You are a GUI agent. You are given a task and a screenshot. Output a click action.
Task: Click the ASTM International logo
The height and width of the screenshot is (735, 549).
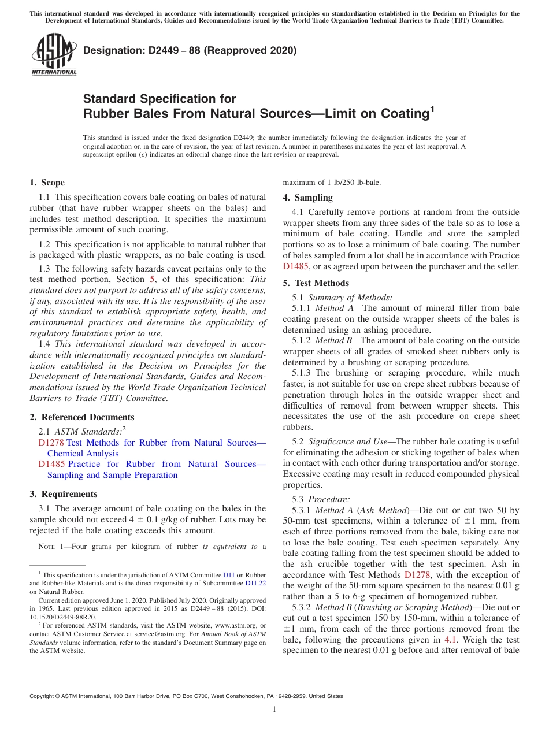(x=53, y=55)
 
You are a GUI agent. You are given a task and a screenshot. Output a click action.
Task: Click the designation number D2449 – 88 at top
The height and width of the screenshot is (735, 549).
(x=190, y=50)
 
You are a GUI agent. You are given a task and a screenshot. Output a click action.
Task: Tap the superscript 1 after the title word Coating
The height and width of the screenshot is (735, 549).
(x=431, y=108)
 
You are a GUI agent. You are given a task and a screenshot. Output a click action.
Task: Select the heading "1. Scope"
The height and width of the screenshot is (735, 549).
(x=47, y=183)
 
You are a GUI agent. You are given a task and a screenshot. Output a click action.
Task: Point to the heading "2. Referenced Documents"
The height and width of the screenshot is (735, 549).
(x=81, y=417)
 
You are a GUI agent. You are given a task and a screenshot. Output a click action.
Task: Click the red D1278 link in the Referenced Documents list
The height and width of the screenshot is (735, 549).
(x=50, y=443)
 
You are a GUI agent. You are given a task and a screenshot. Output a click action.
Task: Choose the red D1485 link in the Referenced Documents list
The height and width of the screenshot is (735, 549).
(x=50, y=464)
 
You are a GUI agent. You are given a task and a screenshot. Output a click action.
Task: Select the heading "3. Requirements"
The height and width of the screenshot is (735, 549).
(x=64, y=494)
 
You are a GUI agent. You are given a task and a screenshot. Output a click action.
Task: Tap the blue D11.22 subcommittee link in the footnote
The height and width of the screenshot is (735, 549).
(x=255, y=583)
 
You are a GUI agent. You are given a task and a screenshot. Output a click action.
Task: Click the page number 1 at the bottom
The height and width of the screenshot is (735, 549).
(x=275, y=710)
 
